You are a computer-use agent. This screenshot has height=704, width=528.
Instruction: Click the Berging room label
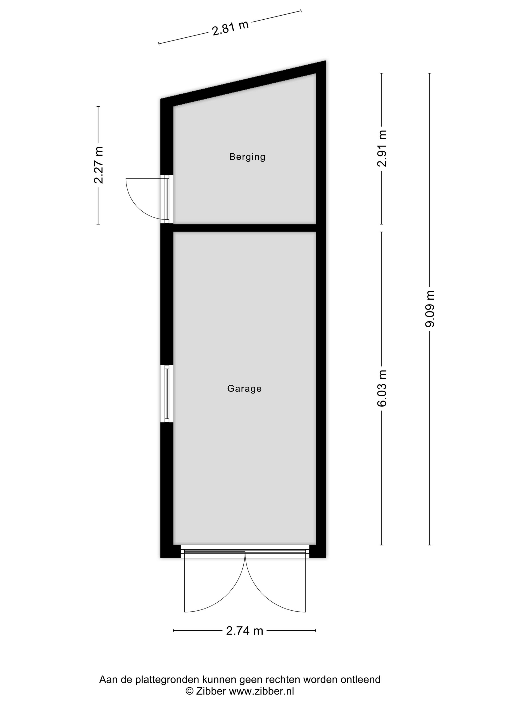247,157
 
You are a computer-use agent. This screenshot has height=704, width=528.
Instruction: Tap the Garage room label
244,388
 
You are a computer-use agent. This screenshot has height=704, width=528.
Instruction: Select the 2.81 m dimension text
230,27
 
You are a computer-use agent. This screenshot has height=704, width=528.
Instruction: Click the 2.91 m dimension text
382,148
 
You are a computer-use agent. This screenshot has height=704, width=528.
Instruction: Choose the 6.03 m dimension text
382,388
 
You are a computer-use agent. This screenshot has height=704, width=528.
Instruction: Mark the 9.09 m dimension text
430,309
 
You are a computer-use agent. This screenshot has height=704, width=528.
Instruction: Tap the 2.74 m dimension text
244,631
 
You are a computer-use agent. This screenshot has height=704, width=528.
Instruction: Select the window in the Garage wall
166,394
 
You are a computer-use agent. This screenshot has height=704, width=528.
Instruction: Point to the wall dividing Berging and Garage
244,228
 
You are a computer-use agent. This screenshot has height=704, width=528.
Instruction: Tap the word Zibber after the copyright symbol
211,691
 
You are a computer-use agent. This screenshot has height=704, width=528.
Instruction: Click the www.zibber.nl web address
262,691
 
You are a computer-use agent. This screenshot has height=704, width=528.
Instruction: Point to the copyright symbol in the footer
189,691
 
